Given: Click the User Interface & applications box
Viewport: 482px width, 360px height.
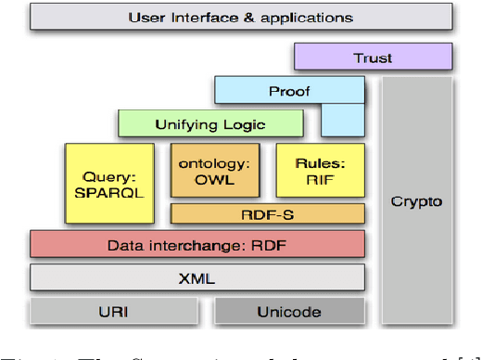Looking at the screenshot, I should [x=240, y=17].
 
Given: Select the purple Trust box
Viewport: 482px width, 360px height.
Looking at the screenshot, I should [x=373, y=58].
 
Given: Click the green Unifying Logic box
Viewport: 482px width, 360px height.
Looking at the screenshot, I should [x=210, y=123].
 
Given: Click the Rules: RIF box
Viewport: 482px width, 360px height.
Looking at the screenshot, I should [x=320, y=171].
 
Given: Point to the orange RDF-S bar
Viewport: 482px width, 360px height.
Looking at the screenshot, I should [x=268, y=213].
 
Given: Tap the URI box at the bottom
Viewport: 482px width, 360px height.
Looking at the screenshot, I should [x=115, y=311].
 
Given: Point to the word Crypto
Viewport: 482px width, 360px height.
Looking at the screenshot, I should [x=416, y=201].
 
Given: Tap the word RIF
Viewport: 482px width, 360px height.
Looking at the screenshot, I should [x=320, y=179].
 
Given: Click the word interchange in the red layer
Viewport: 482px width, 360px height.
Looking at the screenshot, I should [x=188, y=245].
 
